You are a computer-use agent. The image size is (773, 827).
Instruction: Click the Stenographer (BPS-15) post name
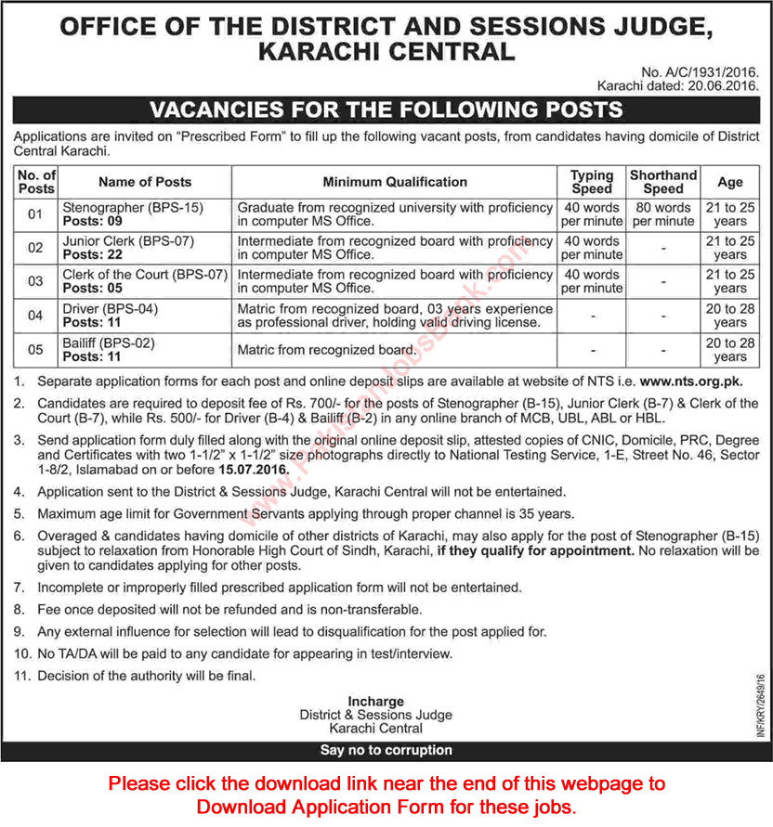coord(131,207)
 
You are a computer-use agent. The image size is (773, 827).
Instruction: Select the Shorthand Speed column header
coord(662,182)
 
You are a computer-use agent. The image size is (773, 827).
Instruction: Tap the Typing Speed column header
coord(592,182)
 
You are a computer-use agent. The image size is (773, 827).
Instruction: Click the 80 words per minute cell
coord(662,214)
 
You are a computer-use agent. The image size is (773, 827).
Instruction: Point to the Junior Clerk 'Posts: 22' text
coord(93,255)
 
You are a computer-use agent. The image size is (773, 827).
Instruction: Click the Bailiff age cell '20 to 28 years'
coord(730,349)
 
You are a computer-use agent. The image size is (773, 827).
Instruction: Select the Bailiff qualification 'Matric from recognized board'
coord(325,350)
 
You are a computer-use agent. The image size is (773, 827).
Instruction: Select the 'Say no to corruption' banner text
coord(386,750)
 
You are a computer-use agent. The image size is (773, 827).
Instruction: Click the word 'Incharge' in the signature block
coord(375,701)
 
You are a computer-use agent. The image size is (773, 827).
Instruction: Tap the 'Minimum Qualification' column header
coord(395,182)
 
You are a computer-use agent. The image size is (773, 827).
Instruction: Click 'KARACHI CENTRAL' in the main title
coord(386,51)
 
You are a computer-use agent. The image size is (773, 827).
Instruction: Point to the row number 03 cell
coord(35,281)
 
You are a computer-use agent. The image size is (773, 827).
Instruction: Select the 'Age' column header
coord(730,182)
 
